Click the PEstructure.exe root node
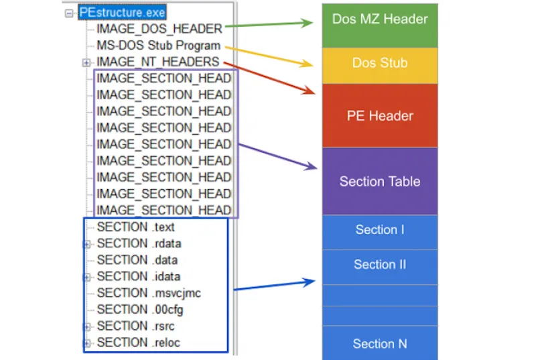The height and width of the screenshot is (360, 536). click(x=123, y=13)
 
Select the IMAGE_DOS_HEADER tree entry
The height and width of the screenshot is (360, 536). click(x=159, y=29)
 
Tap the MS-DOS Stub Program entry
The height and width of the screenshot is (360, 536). click(x=158, y=46)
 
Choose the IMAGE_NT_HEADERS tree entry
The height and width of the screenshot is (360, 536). click(x=157, y=62)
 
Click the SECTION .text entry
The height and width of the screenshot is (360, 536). click(x=135, y=227)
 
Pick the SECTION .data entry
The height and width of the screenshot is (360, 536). click(x=137, y=259)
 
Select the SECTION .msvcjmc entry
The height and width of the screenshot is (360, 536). click(x=148, y=293)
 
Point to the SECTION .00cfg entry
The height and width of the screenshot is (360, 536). click(x=140, y=309)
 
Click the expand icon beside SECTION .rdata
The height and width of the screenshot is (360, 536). click(x=86, y=244)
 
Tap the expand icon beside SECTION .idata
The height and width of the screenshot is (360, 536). click(x=86, y=277)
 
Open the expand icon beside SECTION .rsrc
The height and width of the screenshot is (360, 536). click(x=86, y=326)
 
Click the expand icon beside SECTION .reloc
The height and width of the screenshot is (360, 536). click(x=86, y=343)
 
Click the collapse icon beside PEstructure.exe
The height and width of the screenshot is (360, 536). click(x=70, y=13)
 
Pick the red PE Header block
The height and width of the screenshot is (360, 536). click(x=379, y=116)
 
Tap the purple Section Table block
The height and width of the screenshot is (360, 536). click(x=379, y=181)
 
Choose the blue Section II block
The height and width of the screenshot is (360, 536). click(x=379, y=265)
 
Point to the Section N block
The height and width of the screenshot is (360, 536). click(x=379, y=343)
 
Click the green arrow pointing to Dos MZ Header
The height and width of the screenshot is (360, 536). click(x=268, y=25)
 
